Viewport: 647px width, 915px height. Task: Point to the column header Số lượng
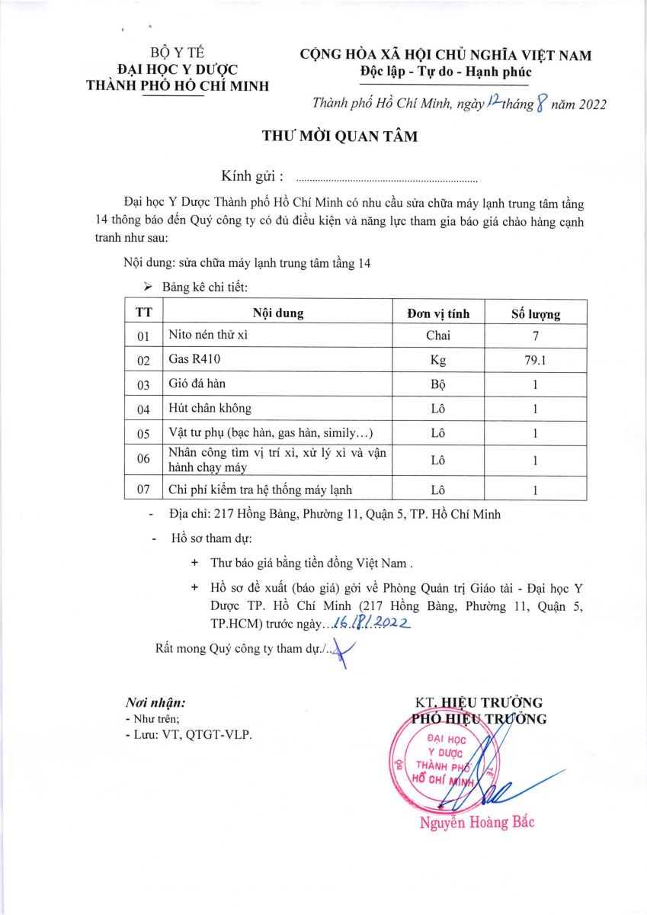pos(535,313)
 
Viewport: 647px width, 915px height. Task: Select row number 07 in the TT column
pos(144,490)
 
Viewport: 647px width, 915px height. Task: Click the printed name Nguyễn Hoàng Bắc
pos(477,822)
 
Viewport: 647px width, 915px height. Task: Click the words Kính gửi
pos(252,177)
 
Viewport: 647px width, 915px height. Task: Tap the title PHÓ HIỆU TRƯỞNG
pos(479,718)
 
